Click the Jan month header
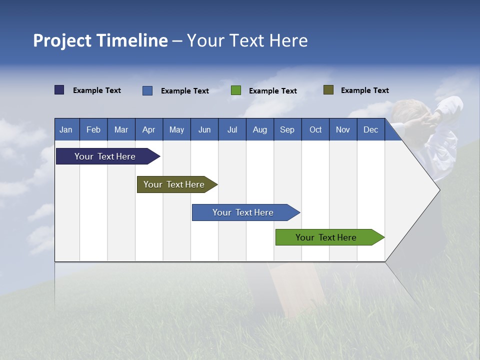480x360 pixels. pyautogui.click(x=66, y=129)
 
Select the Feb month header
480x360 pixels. pyautogui.click(x=93, y=129)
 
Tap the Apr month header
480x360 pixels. pyautogui.click(x=148, y=129)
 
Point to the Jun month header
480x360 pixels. pyautogui.click(x=204, y=129)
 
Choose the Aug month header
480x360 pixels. pyautogui.click(x=259, y=129)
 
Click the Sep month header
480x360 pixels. pyautogui.click(x=287, y=129)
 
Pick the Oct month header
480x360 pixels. pyautogui.click(x=315, y=129)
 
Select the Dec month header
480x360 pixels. pyautogui.click(x=370, y=129)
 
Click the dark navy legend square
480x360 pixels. pyautogui.click(x=59, y=90)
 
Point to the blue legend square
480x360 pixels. pyautogui.click(x=147, y=90)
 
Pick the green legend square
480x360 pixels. pyautogui.click(x=236, y=90)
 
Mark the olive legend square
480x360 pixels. pyautogui.click(x=328, y=90)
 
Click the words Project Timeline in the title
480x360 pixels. pyautogui.click(x=100, y=40)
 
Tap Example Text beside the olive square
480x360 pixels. pyautogui.click(x=364, y=90)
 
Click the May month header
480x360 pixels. pyautogui.click(x=176, y=129)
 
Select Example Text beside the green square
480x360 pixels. pyautogui.click(x=272, y=91)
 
